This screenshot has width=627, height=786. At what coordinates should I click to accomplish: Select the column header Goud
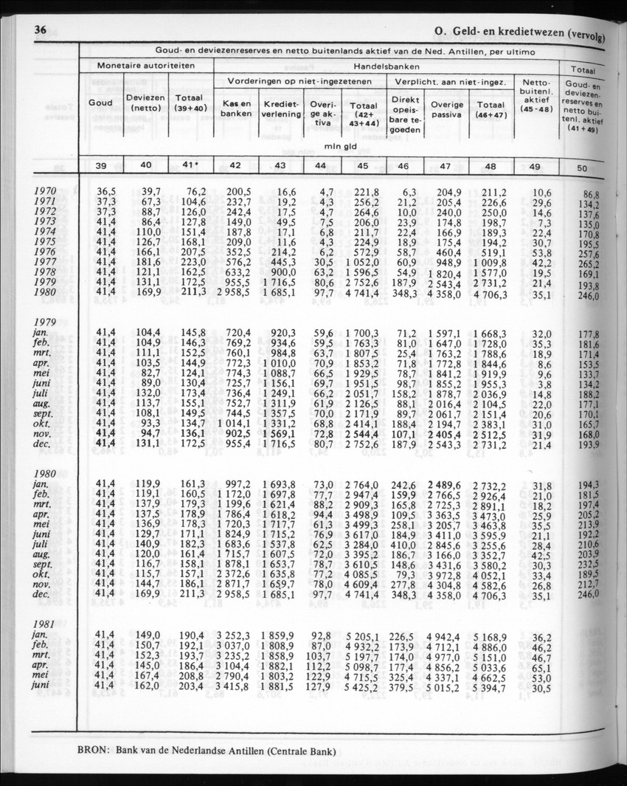click(100, 103)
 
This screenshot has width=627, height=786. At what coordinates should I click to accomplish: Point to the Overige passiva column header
click(446, 109)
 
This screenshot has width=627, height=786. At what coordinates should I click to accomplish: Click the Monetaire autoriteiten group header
click(146, 66)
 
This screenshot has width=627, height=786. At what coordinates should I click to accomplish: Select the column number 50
click(582, 168)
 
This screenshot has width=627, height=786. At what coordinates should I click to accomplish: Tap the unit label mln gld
click(341, 146)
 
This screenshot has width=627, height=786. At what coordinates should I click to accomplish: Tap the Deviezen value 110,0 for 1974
click(148, 232)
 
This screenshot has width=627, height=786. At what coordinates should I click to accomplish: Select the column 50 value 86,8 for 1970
click(589, 194)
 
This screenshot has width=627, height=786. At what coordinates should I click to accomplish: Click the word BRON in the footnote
click(92, 753)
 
